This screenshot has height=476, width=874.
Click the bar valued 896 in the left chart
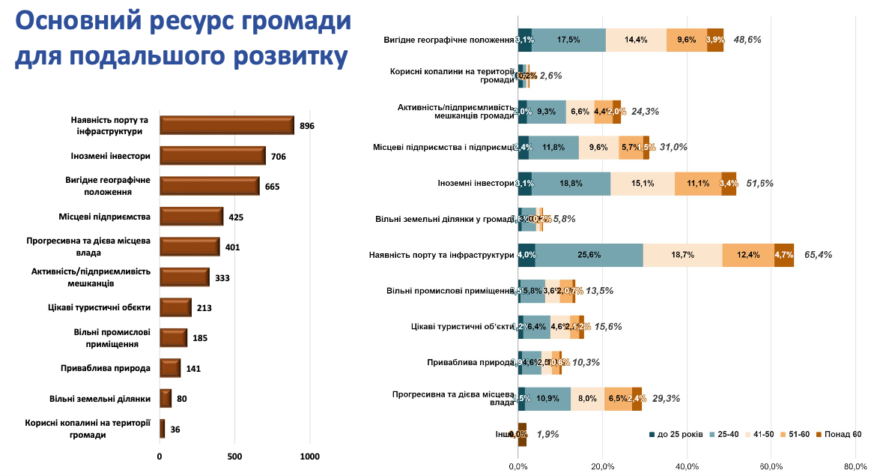(226, 125)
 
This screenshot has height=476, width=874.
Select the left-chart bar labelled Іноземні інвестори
(212, 156)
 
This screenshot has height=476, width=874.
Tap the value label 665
(272, 187)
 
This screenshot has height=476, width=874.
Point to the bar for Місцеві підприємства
(191, 217)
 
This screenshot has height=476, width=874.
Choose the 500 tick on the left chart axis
(234, 457)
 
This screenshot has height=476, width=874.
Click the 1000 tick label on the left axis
(309, 457)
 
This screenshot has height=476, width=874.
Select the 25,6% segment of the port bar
(589, 255)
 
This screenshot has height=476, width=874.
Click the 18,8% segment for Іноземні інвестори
(571, 184)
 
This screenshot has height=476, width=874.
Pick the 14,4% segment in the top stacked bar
(635, 40)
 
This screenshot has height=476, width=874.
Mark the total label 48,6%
(747, 40)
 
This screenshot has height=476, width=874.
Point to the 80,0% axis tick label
(855, 466)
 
